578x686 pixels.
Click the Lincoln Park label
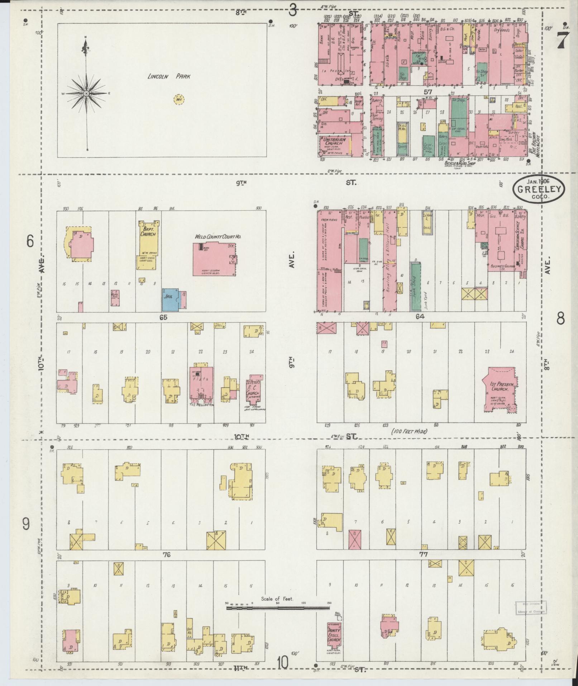coord(169,76)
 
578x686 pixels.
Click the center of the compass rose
coord(86,94)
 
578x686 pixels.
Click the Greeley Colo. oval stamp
coord(538,189)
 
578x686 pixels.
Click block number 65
coord(164,317)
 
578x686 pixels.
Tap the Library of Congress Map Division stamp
coord(529,608)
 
